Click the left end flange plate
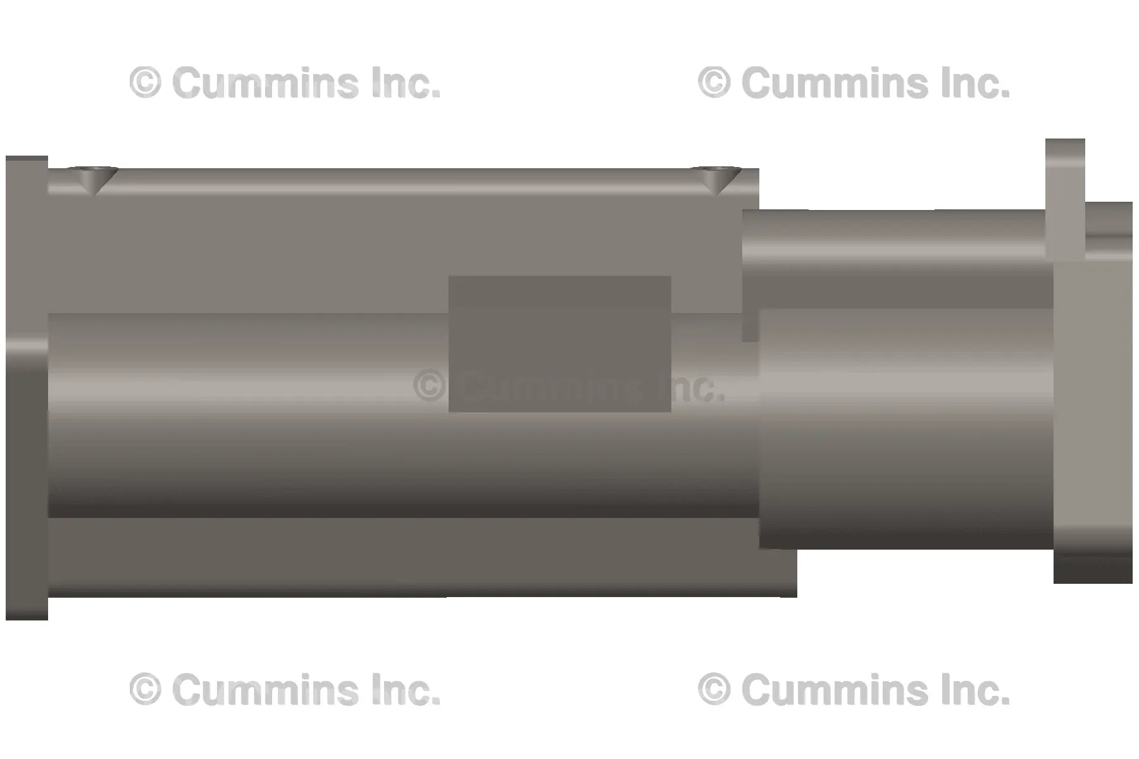pyautogui.click(x=27, y=388)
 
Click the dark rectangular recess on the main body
pyautogui.click(x=559, y=343)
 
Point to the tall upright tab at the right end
pyautogui.click(x=1065, y=199)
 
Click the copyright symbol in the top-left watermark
pyautogui.click(x=145, y=83)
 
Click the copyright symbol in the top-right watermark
pyautogui.click(x=714, y=83)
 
